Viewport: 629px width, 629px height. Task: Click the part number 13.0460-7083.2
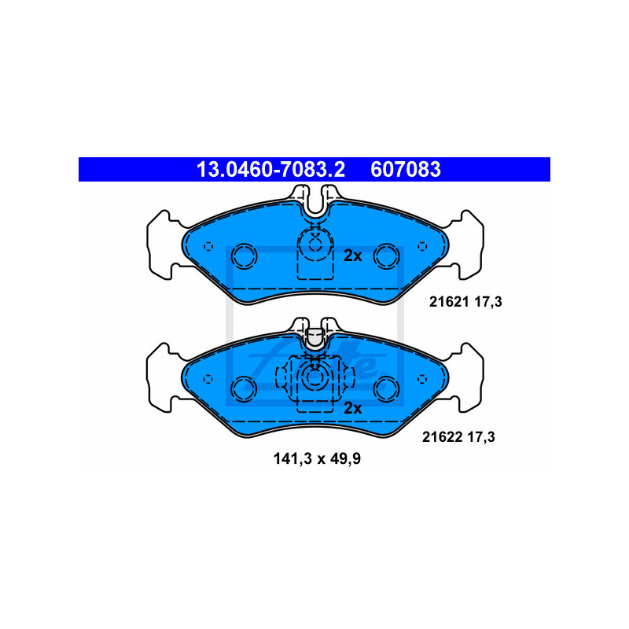[265, 169]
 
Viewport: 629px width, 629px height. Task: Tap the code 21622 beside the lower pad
[447, 436]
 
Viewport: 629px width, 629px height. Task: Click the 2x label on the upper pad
[352, 256]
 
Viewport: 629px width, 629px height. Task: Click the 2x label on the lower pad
[352, 407]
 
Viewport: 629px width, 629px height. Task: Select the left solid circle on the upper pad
[244, 255]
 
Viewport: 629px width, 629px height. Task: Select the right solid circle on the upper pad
[385, 255]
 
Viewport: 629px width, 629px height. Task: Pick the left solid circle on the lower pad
[244, 388]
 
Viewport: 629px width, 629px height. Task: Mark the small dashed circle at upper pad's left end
[207, 246]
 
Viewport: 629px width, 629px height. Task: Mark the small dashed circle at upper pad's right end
[422, 246]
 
